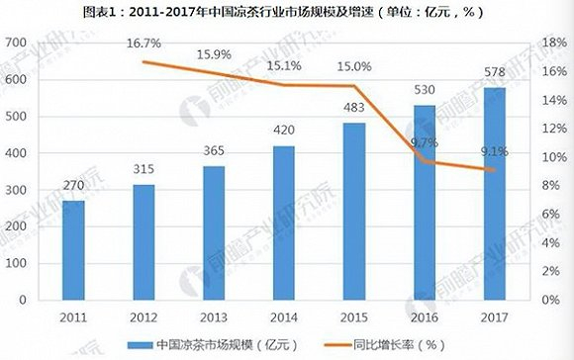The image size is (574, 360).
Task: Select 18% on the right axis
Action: coord(550,44)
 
